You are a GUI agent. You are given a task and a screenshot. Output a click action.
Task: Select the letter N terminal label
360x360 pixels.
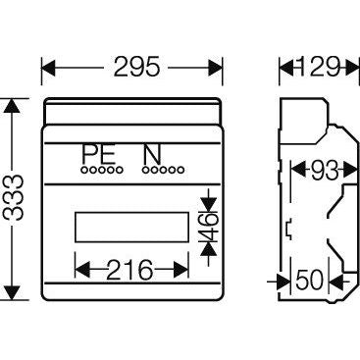[151, 155]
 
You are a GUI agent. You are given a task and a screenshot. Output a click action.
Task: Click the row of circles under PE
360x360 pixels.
[100, 171]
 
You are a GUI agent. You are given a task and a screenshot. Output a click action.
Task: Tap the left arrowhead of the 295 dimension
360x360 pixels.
[46, 69]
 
